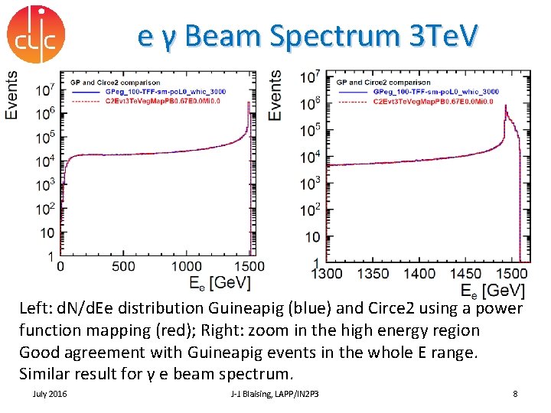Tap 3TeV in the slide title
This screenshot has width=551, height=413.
[435, 36]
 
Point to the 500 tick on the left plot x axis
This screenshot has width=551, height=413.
[123, 266]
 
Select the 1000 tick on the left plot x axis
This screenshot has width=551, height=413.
[186, 266]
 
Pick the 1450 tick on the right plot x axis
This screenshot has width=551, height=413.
[465, 274]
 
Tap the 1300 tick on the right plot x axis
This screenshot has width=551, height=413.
[328, 274]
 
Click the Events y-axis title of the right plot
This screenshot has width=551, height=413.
[275, 95]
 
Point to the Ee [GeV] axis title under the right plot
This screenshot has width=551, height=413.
[492, 291]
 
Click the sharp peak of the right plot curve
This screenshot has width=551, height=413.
[505, 107]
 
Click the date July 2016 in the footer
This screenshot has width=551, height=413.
[50, 393]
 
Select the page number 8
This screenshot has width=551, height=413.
[515, 393]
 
